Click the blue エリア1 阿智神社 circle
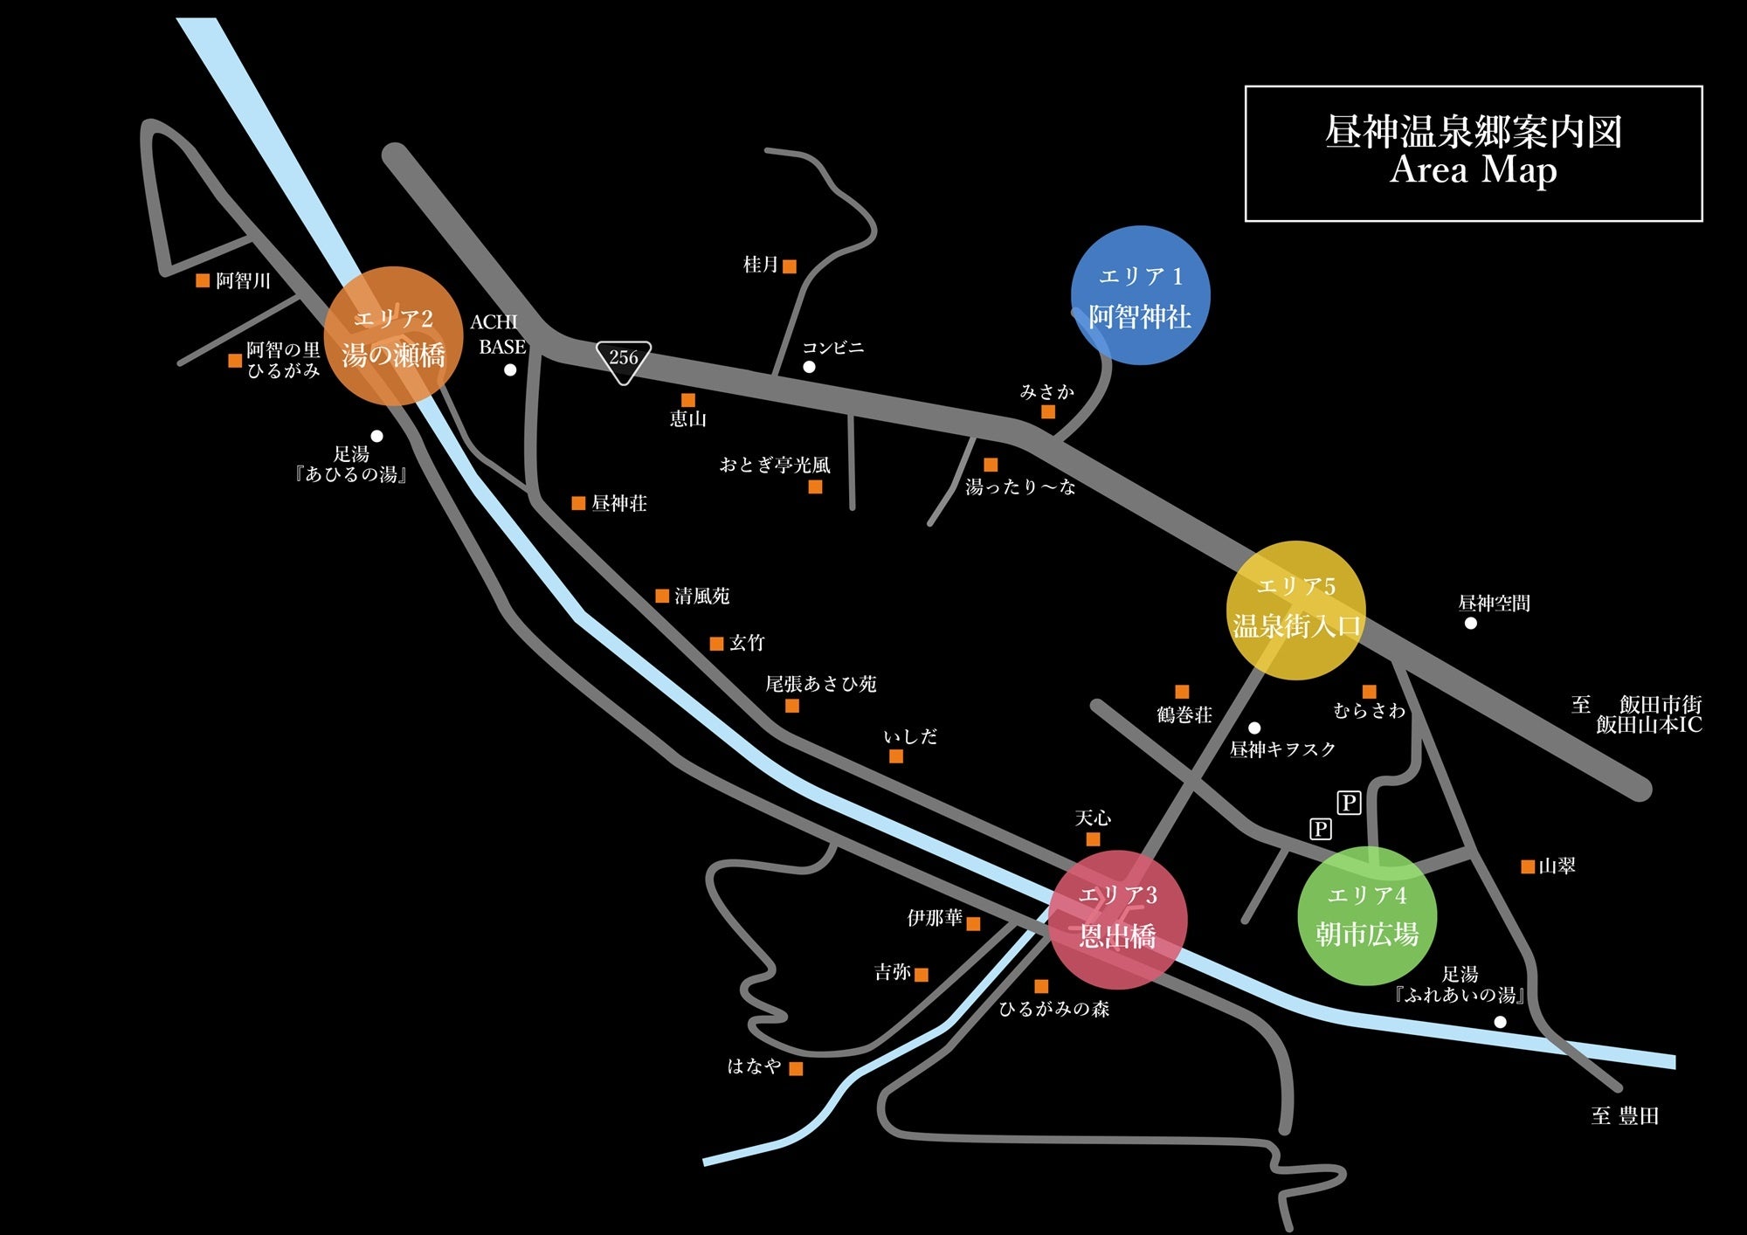1140,295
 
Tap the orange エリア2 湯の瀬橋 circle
393,336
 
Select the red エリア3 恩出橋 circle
1117,919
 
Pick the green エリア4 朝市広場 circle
1367,915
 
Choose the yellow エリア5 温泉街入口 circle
1295,610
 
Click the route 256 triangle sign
623,360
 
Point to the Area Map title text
1473,169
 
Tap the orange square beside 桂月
790,266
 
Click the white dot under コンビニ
809,367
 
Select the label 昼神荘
619,503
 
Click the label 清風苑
701,596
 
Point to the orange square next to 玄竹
716,644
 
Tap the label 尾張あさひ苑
820,684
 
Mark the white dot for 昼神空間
1471,623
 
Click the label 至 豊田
1625,1115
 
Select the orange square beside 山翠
1528,866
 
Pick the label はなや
755,1066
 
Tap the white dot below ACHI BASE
510,369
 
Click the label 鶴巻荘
1184,714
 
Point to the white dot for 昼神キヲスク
1254,728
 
